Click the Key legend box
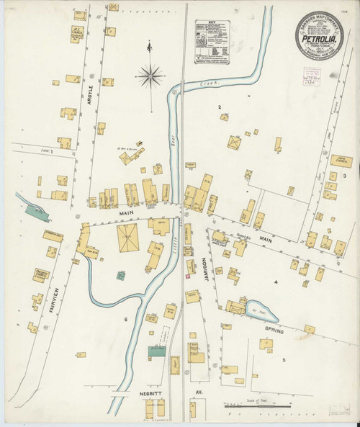pos(212,45)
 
